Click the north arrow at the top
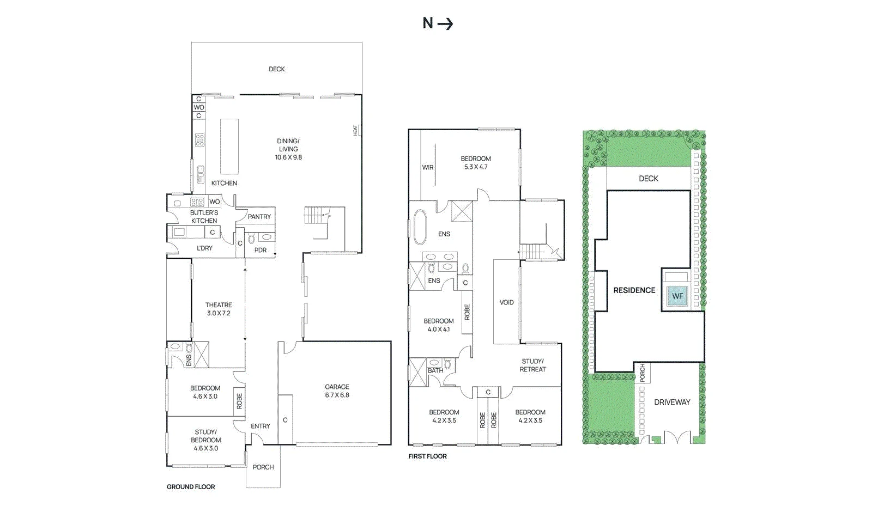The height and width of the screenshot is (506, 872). (445, 24)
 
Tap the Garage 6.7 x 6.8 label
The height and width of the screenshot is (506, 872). (337, 391)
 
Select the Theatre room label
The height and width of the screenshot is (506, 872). (219, 309)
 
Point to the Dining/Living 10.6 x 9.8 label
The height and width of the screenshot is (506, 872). (288, 149)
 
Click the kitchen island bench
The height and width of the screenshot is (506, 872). (229, 146)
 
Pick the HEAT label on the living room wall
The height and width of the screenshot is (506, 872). (355, 130)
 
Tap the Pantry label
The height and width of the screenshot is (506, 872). (259, 217)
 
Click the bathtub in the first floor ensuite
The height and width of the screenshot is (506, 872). (420, 227)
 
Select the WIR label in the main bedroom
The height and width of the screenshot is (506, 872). (428, 168)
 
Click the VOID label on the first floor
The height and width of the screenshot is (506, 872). (506, 302)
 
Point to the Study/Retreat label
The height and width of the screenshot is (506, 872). (532, 365)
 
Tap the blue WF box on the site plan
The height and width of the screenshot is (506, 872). (678, 296)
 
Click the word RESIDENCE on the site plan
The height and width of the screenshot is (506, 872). (634, 290)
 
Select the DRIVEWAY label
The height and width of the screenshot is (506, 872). (673, 402)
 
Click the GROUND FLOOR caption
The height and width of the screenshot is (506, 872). (191, 486)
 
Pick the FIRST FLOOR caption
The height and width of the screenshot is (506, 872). (427, 456)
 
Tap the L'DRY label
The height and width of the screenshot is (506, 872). (204, 248)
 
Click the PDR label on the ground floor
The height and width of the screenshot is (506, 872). (261, 250)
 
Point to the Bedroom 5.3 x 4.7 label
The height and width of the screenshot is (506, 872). (476, 162)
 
